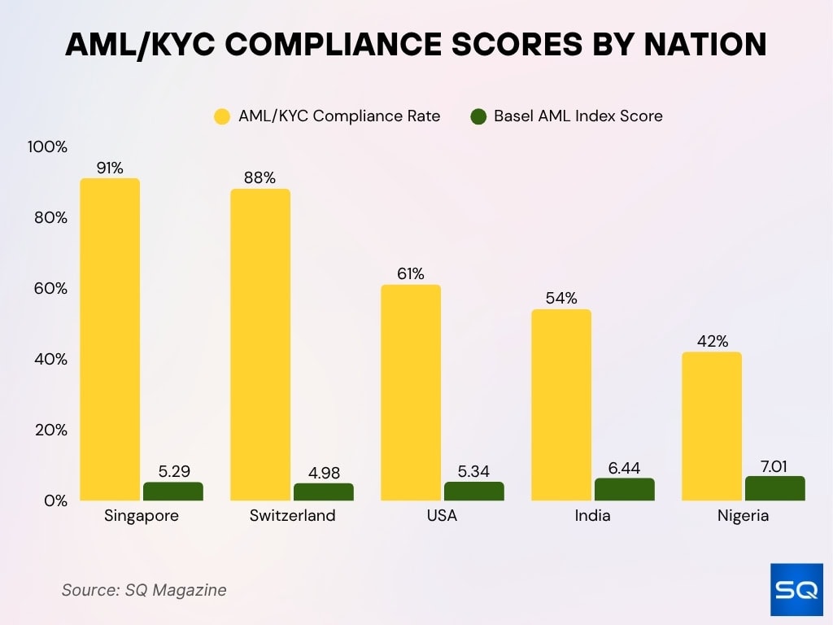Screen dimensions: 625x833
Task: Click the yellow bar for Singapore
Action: (x=110, y=339)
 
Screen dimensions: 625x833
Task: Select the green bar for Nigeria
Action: (x=775, y=488)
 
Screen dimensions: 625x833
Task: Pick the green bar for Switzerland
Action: (x=324, y=492)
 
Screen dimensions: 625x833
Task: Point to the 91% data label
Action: (x=110, y=168)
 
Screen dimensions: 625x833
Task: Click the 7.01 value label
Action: (x=775, y=467)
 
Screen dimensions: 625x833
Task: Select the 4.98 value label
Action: (x=324, y=474)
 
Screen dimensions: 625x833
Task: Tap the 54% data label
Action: (x=561, y=299)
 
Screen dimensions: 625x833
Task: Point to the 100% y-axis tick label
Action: (x=47, y=147)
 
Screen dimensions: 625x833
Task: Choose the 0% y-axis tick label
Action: (x=54, y=500)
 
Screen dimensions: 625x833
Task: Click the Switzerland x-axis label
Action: (x=292, y=516)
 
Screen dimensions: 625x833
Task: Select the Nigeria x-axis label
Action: (x=743, y=516)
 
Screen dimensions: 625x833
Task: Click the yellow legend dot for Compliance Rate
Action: (x=222, y=116)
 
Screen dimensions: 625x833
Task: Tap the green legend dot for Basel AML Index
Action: (x=478, y=116)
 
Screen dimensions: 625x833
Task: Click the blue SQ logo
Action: (x=796, y=590)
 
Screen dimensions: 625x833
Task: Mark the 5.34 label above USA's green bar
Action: (x=474, y=472)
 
